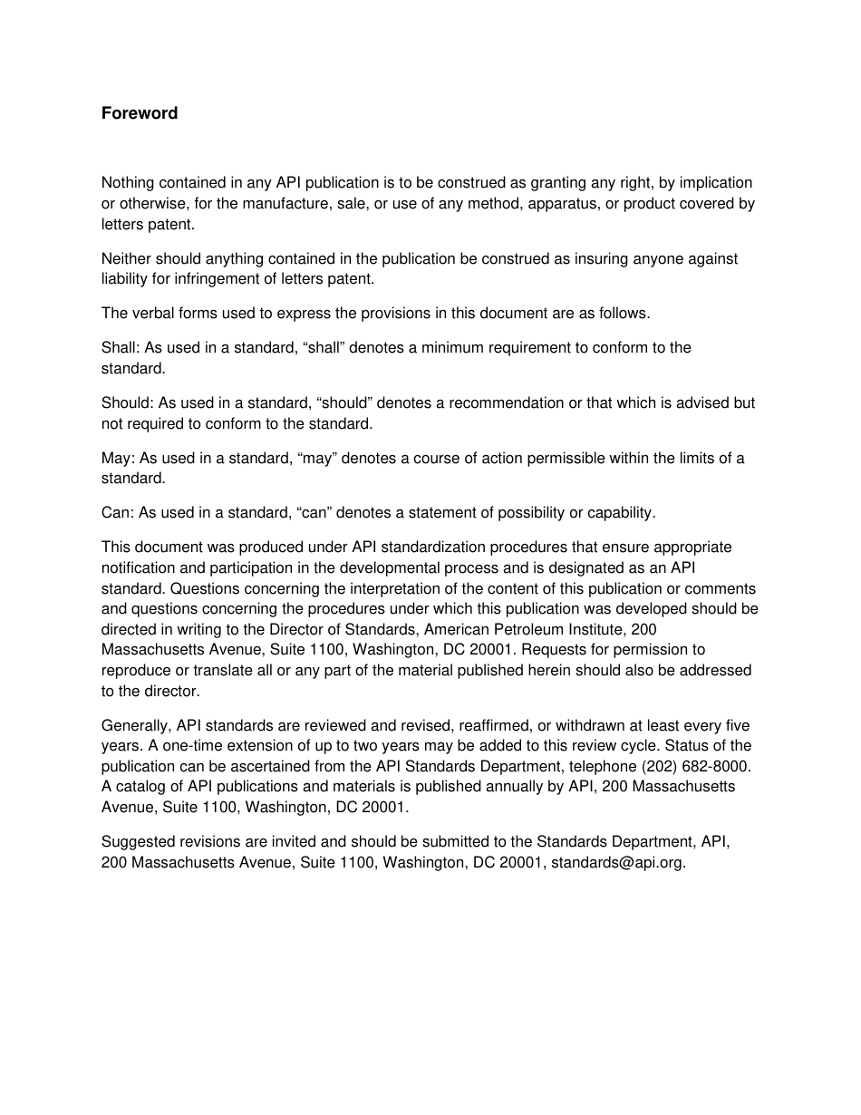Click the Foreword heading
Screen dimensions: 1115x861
click(140, 113)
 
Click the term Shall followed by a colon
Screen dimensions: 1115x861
click(117, 348)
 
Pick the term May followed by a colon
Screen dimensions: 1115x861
click(117, 459)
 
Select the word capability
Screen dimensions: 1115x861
click(621, 513)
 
